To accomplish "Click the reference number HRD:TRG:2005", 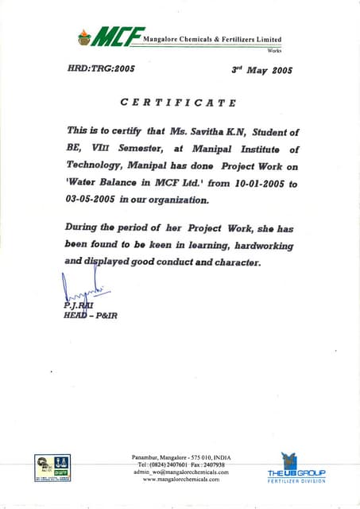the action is [102, 68].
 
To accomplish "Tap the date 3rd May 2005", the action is [261, 69].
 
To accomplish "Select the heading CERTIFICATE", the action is [177, 102].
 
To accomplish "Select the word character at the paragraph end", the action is [233, 262].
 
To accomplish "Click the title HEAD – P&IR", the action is [91, 316].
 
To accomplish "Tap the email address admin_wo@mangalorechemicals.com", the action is [181, 472].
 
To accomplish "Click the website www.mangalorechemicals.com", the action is [181, 480].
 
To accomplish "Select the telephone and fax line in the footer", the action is [181, 464].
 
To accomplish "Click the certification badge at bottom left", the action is [52, 467].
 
